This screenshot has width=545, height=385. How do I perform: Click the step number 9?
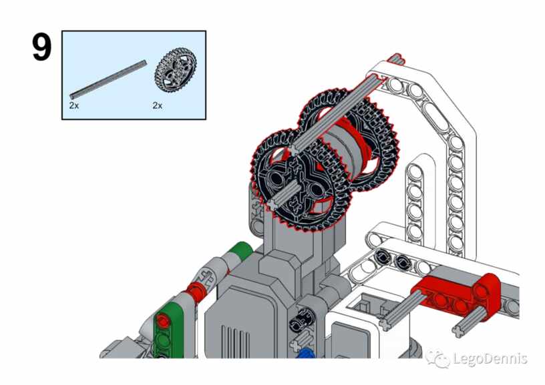point(42,47)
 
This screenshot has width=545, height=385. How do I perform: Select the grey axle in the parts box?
point(108,79)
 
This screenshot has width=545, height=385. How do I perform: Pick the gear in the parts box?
point(176,70)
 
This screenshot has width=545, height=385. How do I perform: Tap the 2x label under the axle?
point(74,105)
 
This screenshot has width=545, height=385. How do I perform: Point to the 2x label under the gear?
point(158,105)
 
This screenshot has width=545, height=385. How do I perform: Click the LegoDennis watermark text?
point(490,358)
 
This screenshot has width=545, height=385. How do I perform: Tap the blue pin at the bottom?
point(305,354)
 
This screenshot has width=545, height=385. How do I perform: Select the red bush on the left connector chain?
point(195,290)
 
